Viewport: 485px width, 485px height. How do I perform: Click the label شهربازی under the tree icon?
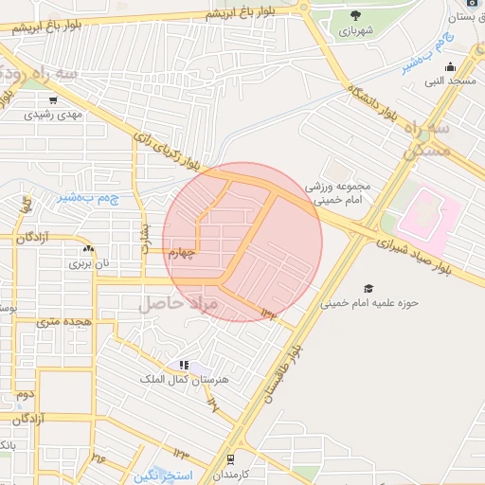click(355, 30)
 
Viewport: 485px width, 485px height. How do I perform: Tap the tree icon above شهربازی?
click(355, 14)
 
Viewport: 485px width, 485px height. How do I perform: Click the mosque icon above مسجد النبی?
click(451, 67)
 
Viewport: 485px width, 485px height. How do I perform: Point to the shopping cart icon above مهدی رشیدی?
click(53, 99)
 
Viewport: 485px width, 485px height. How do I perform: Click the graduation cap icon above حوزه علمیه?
click(368, 288)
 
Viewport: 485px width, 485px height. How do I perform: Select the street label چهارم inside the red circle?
click(182, 253)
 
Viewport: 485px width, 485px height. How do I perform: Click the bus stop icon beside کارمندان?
click(229, 458)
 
